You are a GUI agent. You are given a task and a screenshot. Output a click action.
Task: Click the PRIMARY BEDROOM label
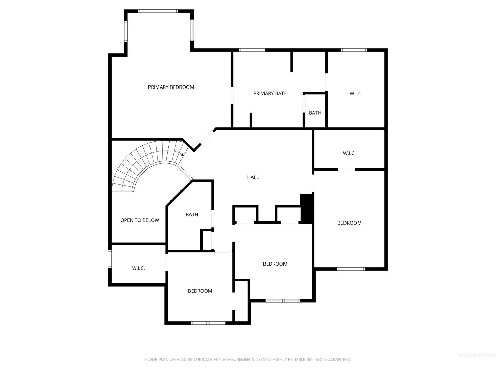[x=171, y=87]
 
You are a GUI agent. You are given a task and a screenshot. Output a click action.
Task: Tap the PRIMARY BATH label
[x=270, y=93]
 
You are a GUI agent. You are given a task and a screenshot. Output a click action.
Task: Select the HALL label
[x=253, y=177]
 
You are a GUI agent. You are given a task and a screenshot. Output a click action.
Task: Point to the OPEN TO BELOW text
[x=139, y=220]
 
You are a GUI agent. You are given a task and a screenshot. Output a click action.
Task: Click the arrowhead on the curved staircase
[x=182, y=155]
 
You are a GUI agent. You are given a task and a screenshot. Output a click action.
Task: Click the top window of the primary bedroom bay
[x=158, y=11]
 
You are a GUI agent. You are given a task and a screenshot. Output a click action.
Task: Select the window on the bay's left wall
[x=126, y=31]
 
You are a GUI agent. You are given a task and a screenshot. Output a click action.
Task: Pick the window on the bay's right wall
[x=192, y=30]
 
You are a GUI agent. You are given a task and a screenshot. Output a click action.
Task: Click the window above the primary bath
[x=252, y=50]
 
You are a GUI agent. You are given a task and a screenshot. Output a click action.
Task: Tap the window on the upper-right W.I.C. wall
[x=354, y=50]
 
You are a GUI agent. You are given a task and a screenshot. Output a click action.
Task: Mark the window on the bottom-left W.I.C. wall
[x=110, y=259]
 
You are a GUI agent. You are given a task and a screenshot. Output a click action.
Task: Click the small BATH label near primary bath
[x=315, y=113]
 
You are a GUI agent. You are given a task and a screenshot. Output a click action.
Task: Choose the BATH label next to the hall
[x=192, y=214]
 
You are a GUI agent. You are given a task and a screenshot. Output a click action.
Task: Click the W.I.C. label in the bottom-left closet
[x=138, y=268]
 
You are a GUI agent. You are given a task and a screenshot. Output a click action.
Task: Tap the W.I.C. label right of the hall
[x=349, y=153]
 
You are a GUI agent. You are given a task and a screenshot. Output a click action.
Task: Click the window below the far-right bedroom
[x=351, y=269]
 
